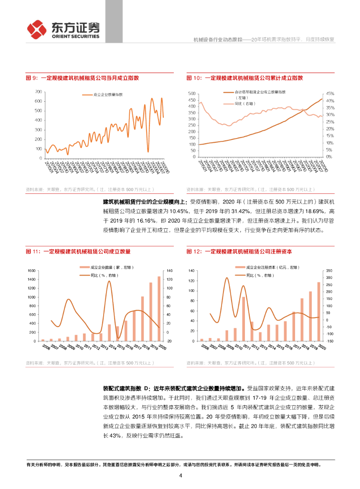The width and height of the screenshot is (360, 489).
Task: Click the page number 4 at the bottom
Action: (x=180, y=475)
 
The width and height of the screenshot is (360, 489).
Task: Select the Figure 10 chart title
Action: (x=245, y=78)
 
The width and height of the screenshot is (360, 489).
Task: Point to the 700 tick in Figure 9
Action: (x=38, y=91)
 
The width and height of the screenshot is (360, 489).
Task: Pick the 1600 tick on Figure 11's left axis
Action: (x=32, y=271)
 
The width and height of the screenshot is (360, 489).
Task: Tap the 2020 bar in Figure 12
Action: (x=319, y=311)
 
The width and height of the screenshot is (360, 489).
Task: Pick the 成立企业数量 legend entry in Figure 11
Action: (x=104, y=268)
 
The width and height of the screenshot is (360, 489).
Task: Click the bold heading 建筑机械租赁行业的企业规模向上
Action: (x=146, y=202)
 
